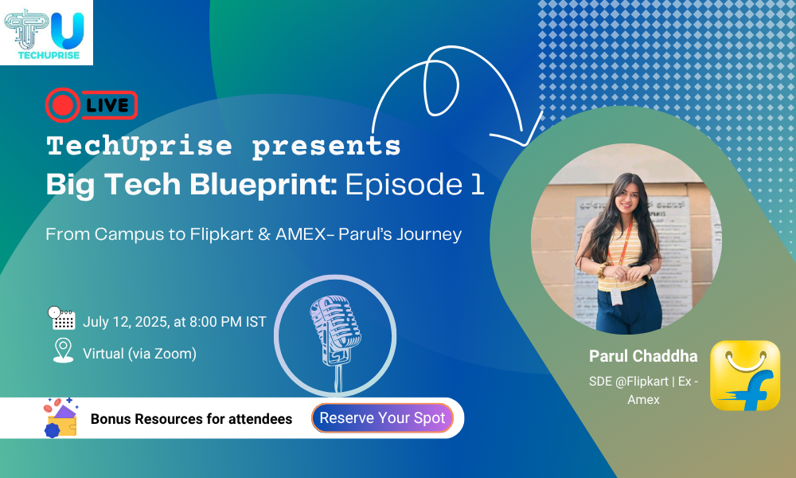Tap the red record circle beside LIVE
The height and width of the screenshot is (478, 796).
(x=63, y=105)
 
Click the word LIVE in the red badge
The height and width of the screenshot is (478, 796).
(x=107, y=105)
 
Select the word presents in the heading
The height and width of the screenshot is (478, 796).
(x=326, y=147)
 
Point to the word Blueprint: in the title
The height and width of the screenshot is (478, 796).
(x=263, y=185)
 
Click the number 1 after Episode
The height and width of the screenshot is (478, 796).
(x=477, y=184)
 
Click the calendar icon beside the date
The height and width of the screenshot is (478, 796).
(x=62, y=319)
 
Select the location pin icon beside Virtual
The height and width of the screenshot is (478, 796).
(x=64, y=351)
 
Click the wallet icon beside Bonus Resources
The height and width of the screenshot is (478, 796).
(x=61, y=417)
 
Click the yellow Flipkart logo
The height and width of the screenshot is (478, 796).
(x=745, y=375)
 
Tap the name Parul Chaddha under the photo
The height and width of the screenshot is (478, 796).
(x=643, y=356)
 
